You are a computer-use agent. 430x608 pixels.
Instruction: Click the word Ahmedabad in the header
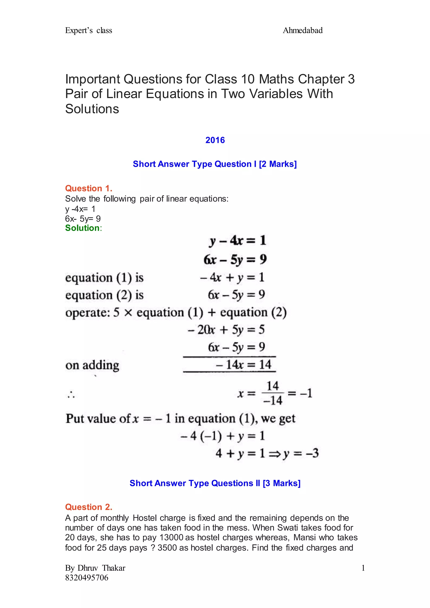[x=303, y=30]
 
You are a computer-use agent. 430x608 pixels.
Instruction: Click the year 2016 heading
[x=215, y=140]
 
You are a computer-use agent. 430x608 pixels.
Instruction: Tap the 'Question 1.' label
[x=89, y=188]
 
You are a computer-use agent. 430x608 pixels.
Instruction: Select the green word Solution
[x=82, y=228]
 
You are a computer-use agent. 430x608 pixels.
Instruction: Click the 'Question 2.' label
[x=89, y=507]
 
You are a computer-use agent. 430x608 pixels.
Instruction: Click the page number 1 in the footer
[x=363, y=568]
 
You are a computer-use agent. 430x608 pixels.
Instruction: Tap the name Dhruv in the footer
[x=88, y=568]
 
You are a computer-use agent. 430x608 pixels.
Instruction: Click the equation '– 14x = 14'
[x=244, y=365]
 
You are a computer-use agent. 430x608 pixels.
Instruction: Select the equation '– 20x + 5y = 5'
[x=226, y=330]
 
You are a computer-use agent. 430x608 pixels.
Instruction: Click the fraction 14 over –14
[x=273, y=393]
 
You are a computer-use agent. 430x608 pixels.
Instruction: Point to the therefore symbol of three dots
[x=71, y=395]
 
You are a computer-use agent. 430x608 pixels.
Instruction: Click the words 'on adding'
[x=92, y=365]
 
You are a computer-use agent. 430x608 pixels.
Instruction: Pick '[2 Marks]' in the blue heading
[x=278, y=164]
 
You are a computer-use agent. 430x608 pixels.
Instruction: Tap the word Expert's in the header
[x=79, y=30]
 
